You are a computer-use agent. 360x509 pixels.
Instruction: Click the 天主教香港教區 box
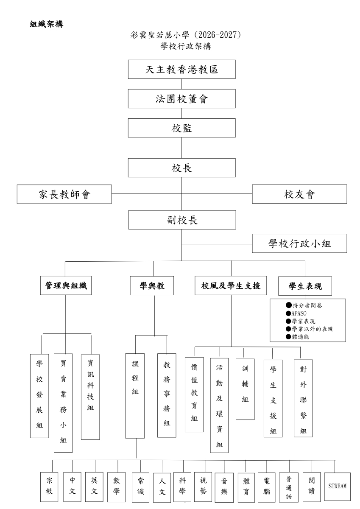tap(182, 69)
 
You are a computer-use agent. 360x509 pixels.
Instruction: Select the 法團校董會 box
tap(182, 98)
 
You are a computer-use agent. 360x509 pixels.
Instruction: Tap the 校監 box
tap(182, 128)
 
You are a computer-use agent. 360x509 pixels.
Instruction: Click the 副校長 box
tap(182, 220)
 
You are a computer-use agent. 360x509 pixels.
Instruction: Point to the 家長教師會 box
tap(64, 194)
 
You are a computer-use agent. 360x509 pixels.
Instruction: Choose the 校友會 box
tap(299, 194)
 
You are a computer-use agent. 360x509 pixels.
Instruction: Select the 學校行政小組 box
tap(299, 243)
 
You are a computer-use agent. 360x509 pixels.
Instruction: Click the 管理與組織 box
tap(66, 285)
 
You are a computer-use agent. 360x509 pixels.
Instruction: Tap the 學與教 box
tap(152, 285)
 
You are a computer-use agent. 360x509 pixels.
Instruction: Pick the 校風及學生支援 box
tap(231, 285)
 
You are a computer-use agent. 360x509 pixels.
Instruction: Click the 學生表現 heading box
tap(305, 286)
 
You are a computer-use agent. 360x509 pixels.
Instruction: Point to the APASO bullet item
tap(296, 313)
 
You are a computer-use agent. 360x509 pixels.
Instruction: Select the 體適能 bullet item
tap(298, 337)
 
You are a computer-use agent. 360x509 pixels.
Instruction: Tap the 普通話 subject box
tap(289, 487)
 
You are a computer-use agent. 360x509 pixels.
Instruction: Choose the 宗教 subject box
tap(49, 487)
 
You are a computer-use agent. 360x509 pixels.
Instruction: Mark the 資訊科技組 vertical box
tap(90, 397)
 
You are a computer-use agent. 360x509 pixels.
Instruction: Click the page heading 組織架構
tap(47, 24)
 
